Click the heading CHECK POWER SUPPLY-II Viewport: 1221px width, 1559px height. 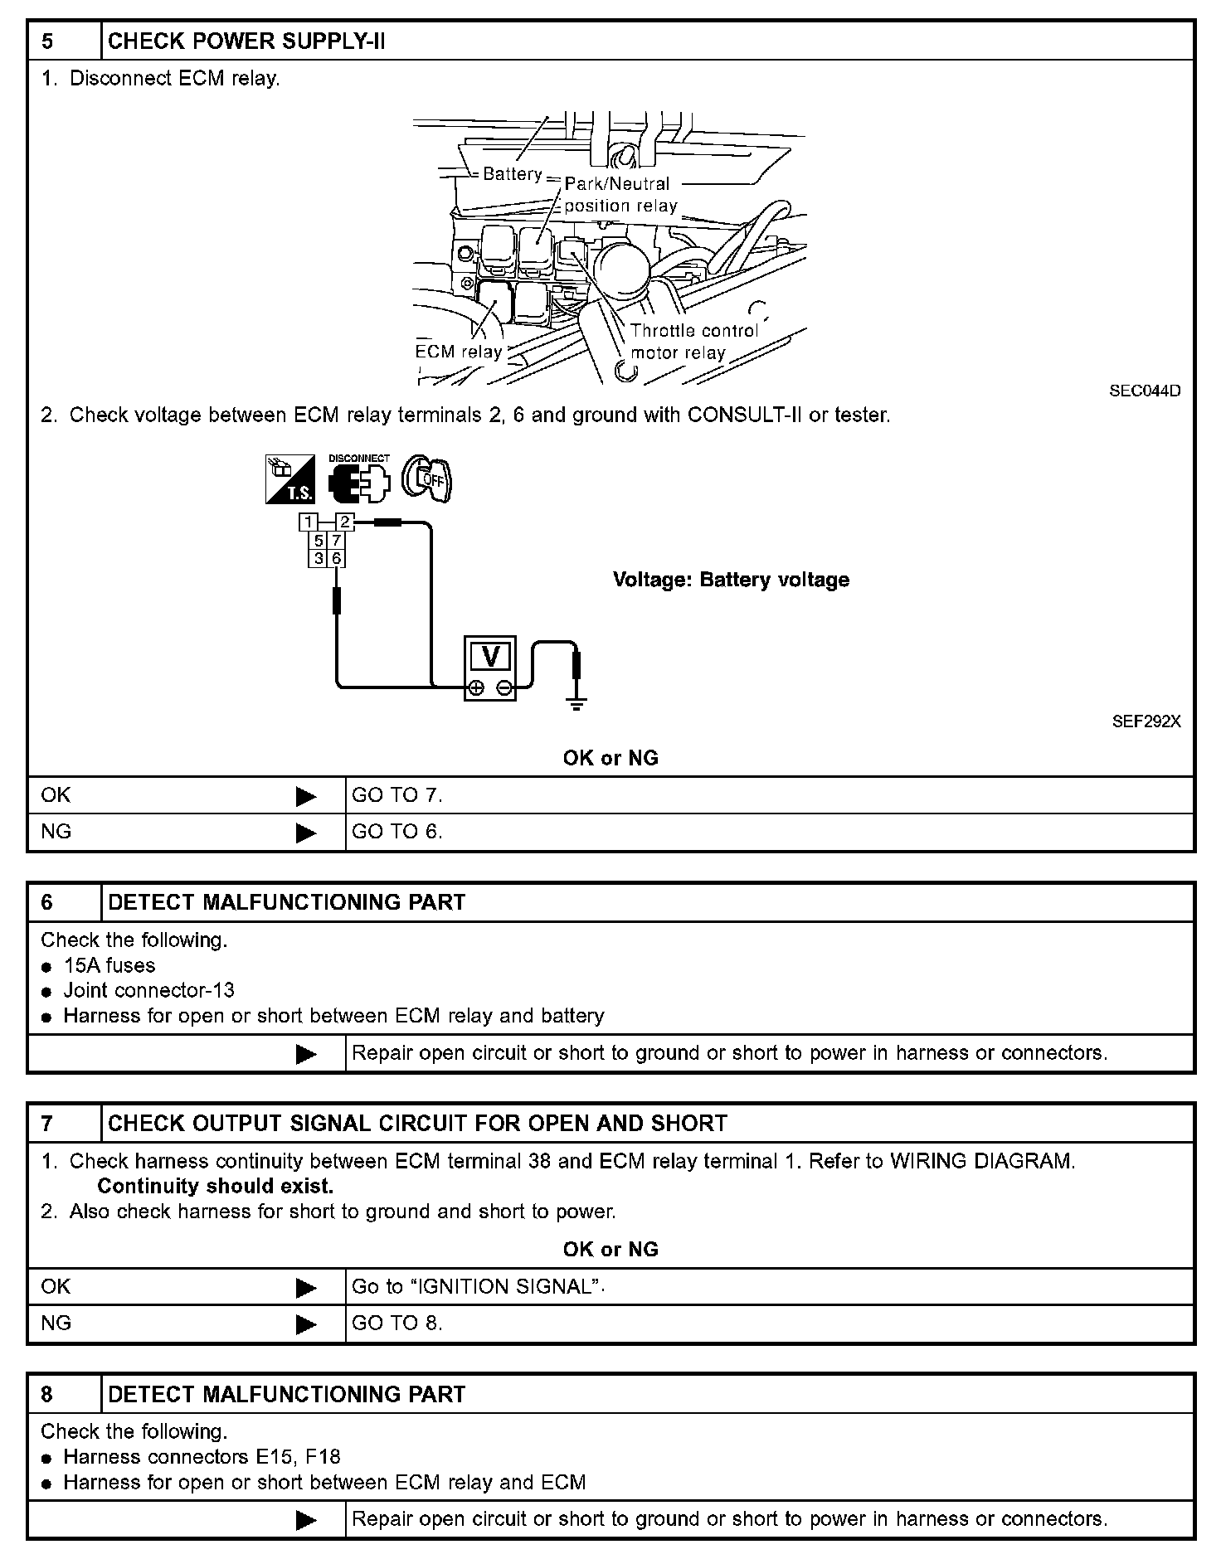point(246,41)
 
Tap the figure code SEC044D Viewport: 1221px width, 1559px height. point(1145,391)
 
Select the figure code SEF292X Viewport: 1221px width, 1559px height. point(1146,721)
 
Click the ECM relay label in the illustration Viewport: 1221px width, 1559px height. point(459,352)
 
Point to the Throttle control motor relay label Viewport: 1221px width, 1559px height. point(693,342)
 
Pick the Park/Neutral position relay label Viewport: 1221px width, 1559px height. point(620,195)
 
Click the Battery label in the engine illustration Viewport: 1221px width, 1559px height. point(512,174)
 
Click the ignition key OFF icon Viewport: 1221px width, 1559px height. point(427,478)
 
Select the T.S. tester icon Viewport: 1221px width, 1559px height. point(289,479)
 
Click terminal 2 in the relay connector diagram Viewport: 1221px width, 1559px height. point(345,522)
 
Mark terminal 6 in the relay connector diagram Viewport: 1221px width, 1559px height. point(337,559)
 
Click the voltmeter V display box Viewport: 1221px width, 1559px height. point(489,657)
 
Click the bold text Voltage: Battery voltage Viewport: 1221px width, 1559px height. point(731,580)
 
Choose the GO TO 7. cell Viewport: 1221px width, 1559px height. point(397,795)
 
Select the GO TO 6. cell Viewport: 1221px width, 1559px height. point(397,832)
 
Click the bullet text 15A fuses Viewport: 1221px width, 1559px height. point(109,965)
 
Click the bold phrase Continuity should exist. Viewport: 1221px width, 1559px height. point(215,1186)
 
